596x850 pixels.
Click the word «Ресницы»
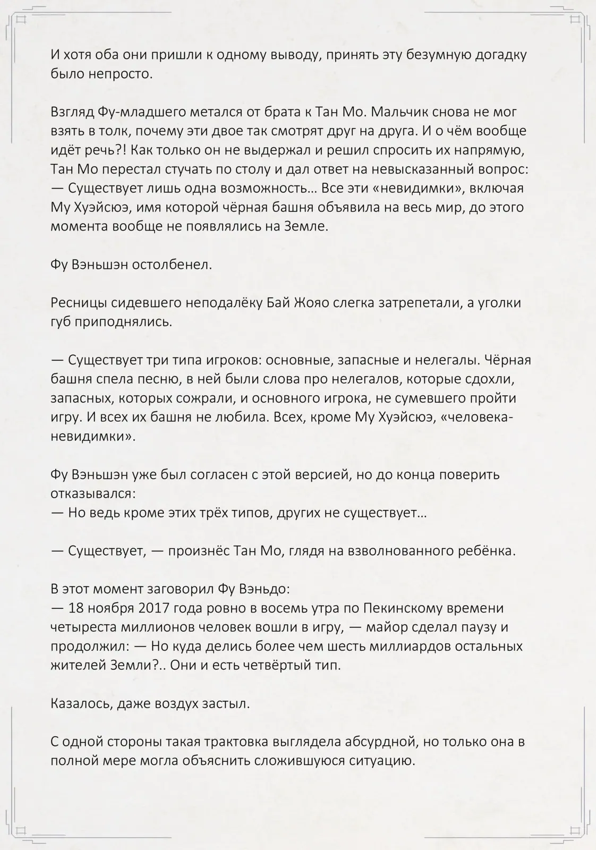coord(79,303)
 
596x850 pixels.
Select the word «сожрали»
coord(195,398)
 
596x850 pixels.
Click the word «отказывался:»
coord(93,494)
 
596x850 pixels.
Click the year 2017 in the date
coord(155,608)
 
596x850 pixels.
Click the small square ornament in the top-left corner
coord(21,20)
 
